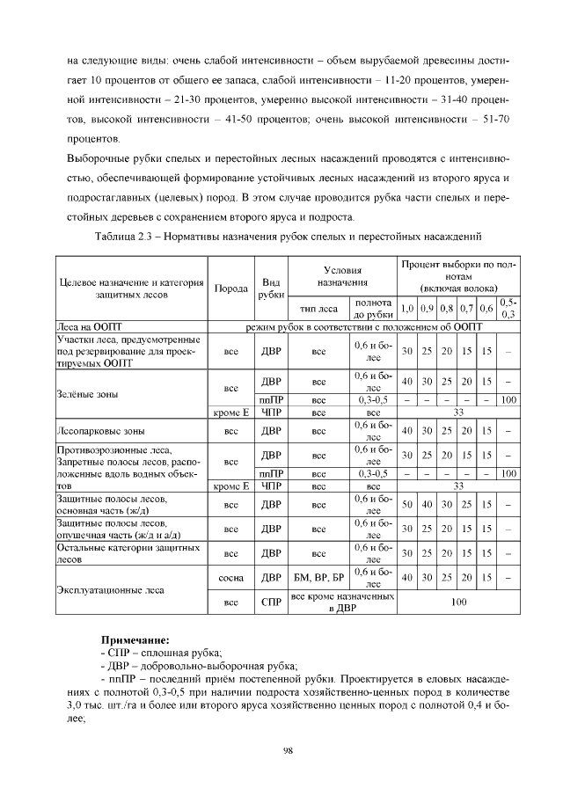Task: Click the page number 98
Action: pyautogui.click(x=287, y=749)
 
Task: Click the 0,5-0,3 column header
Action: pyautogui.click(x=508, y=308)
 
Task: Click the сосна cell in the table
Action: pyautogui.click(x=231, y=579)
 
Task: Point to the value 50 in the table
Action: pyautogui.click(x=406, y=506)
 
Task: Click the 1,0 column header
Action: pyautogui.click(x=406, y=309)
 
